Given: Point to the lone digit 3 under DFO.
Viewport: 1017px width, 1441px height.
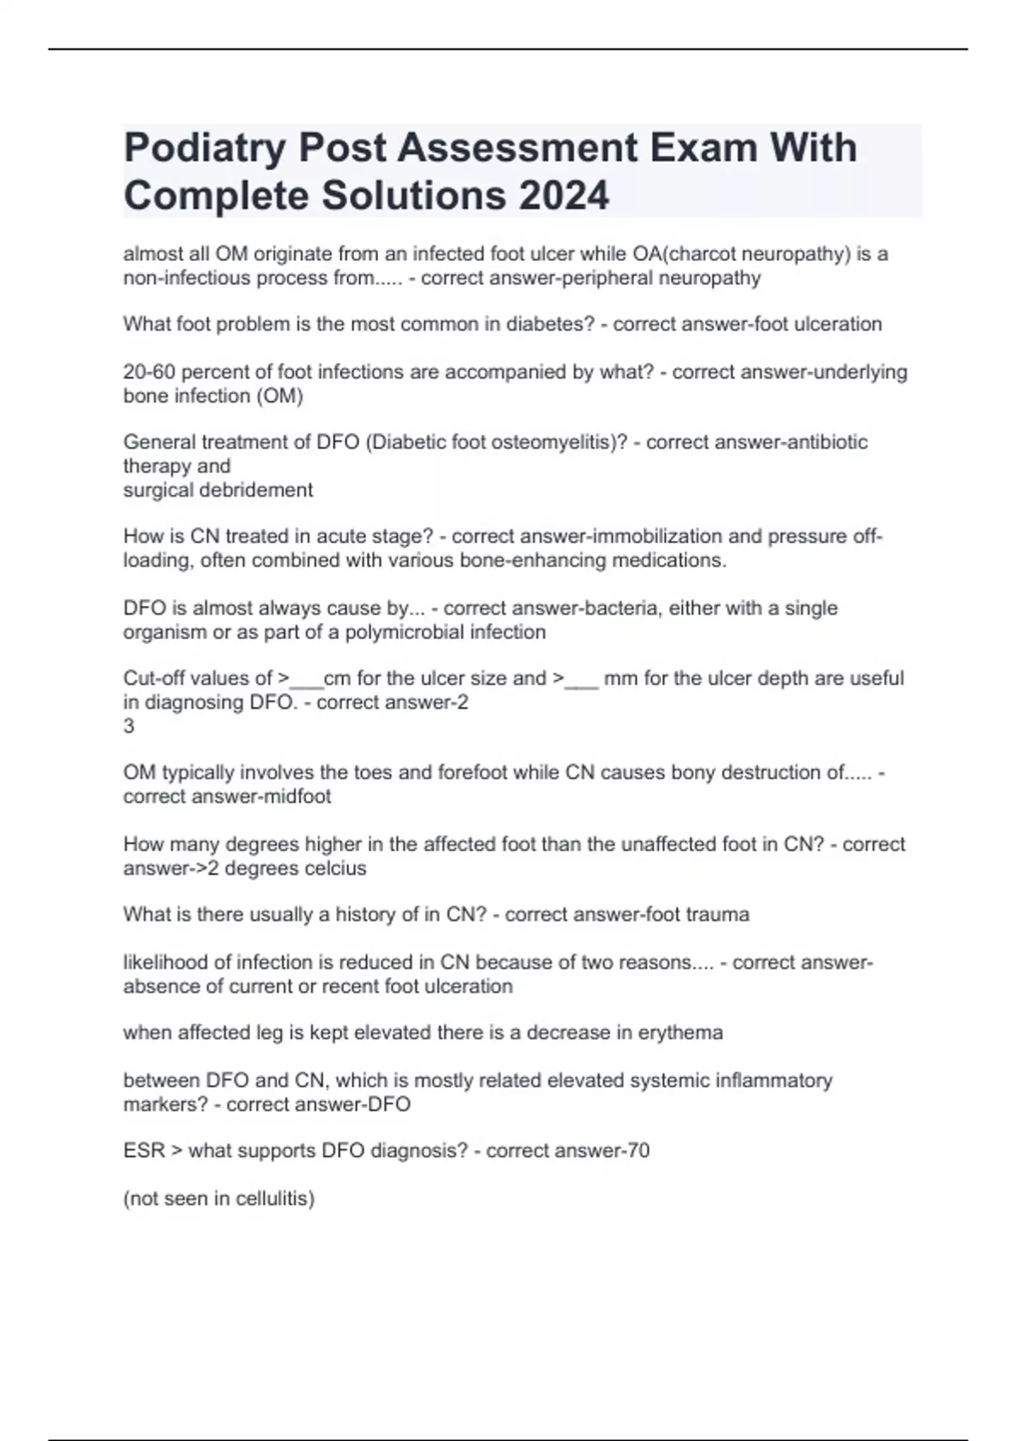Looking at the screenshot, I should coord(129,726).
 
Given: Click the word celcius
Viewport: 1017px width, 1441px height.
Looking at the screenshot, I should coord(333,869).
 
